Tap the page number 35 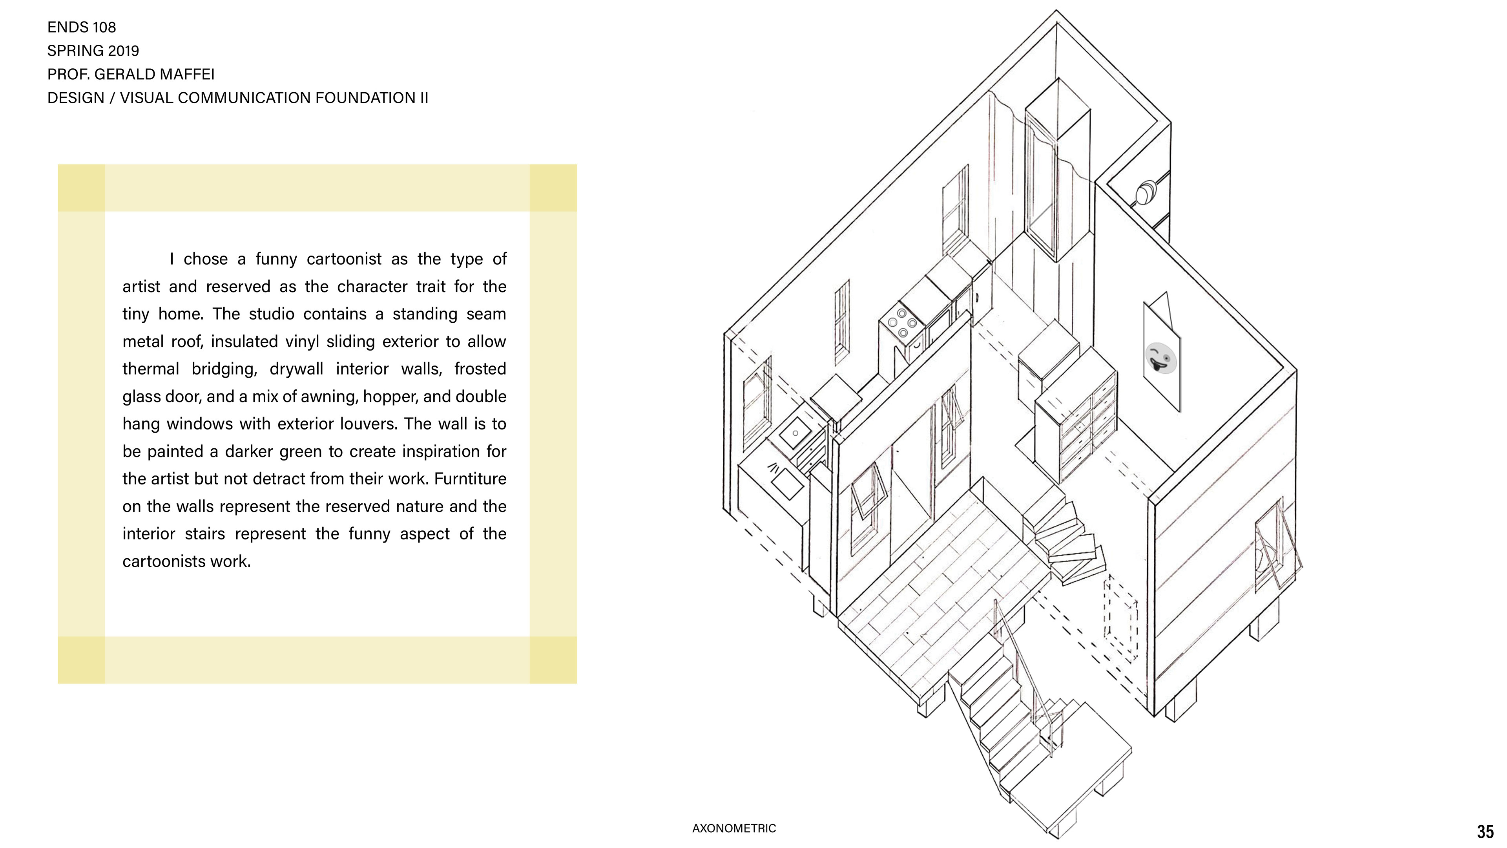(1485, 832)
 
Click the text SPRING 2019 (93, 51)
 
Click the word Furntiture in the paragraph (470, 479)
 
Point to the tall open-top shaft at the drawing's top (1057, 175)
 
